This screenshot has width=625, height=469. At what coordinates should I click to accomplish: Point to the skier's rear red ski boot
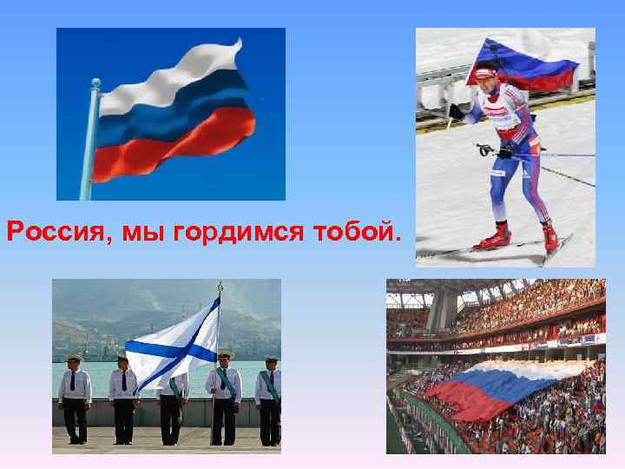click(x=549, y=235)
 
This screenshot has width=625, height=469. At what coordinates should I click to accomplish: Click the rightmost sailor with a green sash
click(x=269, y=400)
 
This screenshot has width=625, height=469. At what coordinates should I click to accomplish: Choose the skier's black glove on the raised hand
click(x=457, y=110)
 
